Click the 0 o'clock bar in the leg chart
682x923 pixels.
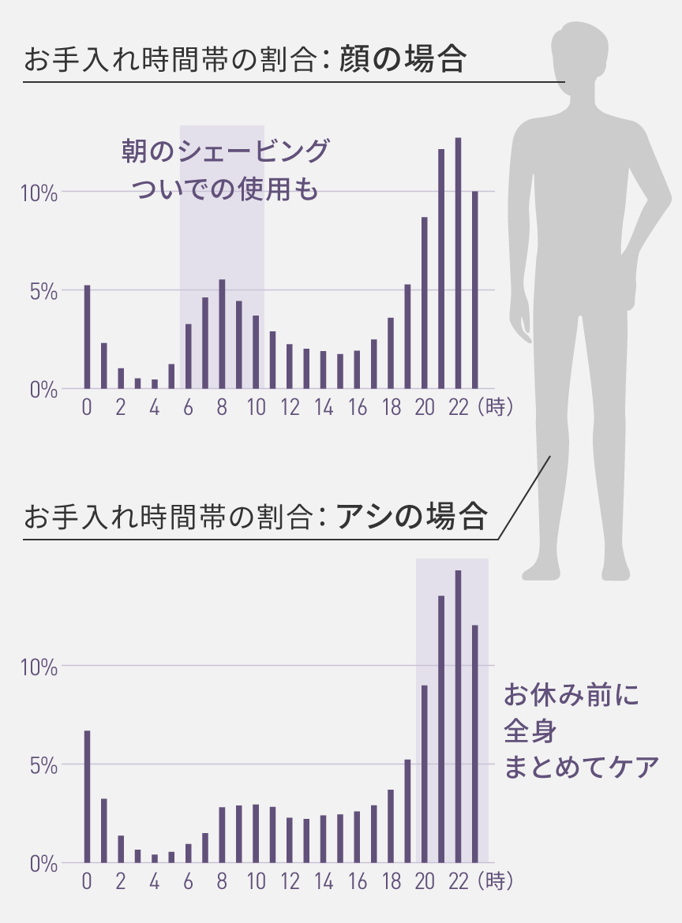click(87, 797)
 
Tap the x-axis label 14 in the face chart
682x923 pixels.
click(323, 408)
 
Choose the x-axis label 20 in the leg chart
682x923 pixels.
click(424, 882)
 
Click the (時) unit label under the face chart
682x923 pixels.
click(495, 408)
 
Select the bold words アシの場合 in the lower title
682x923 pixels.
click(410, 518)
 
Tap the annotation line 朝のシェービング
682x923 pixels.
click(224, 151)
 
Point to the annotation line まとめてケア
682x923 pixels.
click(581, 767)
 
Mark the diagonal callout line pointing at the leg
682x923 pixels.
click(524, 497)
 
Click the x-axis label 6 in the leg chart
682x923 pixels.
click(188, 882)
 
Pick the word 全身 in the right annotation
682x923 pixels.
click(530, 731)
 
